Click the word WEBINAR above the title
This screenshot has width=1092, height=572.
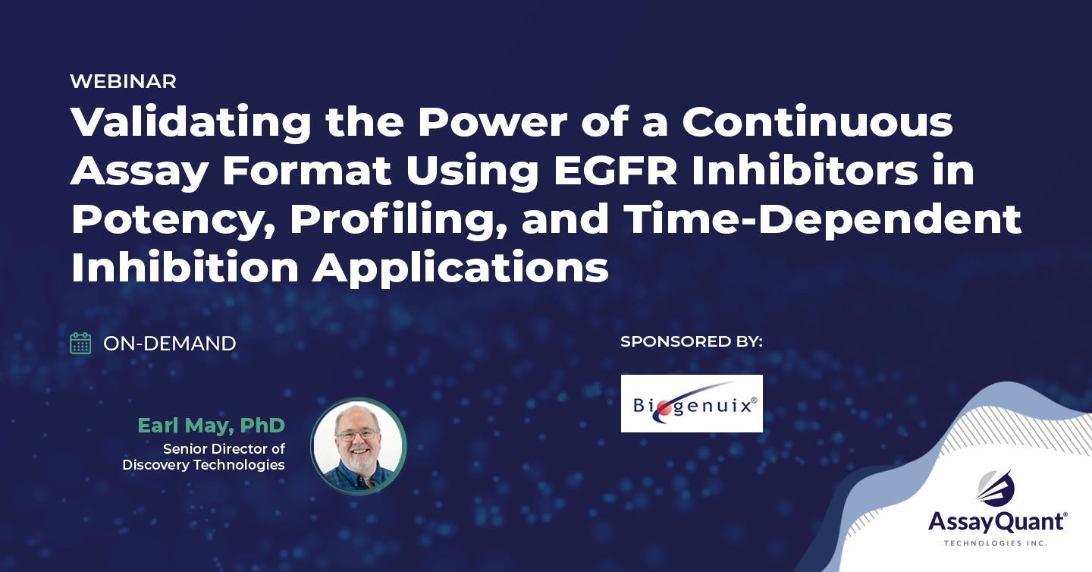coord(123,81)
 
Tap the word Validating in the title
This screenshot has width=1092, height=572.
coord(191,122)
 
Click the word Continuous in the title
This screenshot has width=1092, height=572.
coord(817,121)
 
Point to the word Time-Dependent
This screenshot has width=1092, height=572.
coord(822,219)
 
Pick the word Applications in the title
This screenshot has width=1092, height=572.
coord(461,269)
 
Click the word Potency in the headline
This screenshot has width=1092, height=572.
coord(173,221)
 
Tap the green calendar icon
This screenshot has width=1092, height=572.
coord(80,344)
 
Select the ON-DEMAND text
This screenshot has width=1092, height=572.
coord(170,344)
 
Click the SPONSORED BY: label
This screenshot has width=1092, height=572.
coord(692,341)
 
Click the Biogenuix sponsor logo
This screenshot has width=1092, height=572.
coord(692,404)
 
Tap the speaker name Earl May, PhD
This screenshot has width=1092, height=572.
coord(211,426)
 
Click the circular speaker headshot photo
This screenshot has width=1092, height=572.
coord(358,446)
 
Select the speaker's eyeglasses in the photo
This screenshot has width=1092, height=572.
coord(358,434)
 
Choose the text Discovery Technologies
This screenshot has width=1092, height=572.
coord(203,465)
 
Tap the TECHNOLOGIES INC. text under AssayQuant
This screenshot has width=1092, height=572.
coord(996,542)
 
